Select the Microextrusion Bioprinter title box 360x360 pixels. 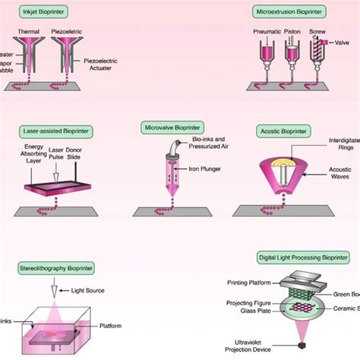(289, 13)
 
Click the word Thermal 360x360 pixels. (29, 32)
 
